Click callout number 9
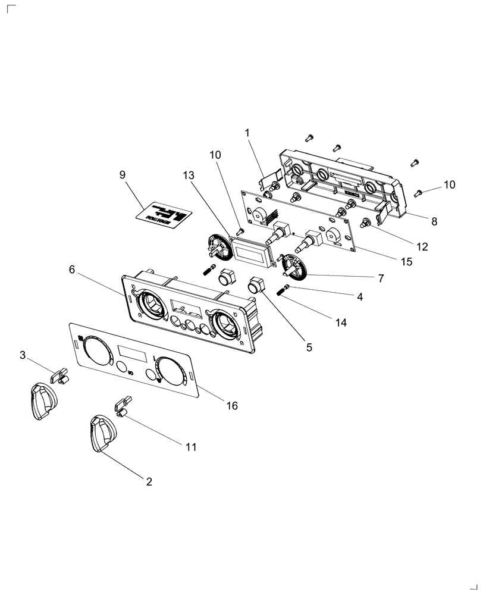[x=123, y=175]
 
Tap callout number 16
[x=231, y=405]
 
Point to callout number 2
[x=149, y=482]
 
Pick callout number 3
[x=23, y=355]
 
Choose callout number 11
[x=192, y=446]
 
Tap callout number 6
[x=72, y=270]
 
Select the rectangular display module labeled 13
[x=251, y=250]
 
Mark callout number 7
[x=380, y=277]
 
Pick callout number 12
[x=422, y=246]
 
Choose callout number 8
[x=434, y=221]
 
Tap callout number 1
[x=247, y=133]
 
